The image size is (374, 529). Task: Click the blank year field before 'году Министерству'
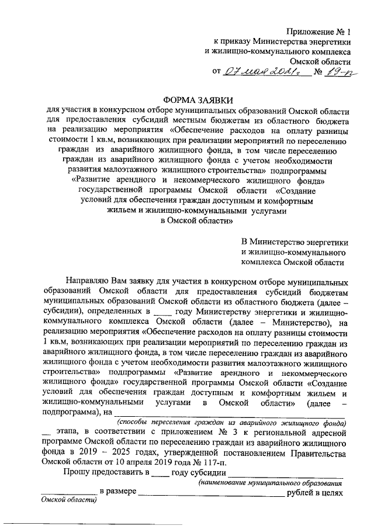163,313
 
